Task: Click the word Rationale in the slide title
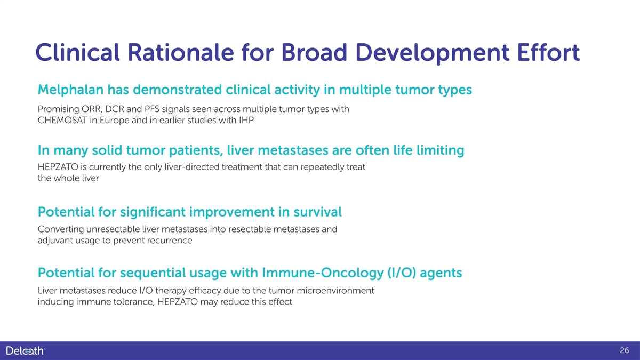(181, 53)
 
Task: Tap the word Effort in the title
(549, 52)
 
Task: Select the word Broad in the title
(314, 53)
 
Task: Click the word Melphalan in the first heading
(70, 90)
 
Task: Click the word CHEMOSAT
(62, 121)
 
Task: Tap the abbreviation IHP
(246, 121)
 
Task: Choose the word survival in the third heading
(317, 212)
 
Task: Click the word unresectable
(113, 229)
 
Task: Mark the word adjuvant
(55, 241)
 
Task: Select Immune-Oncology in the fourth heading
(323, 273)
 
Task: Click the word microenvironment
(335, 291)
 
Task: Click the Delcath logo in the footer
(25, 350)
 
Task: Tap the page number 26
(625, 350)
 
